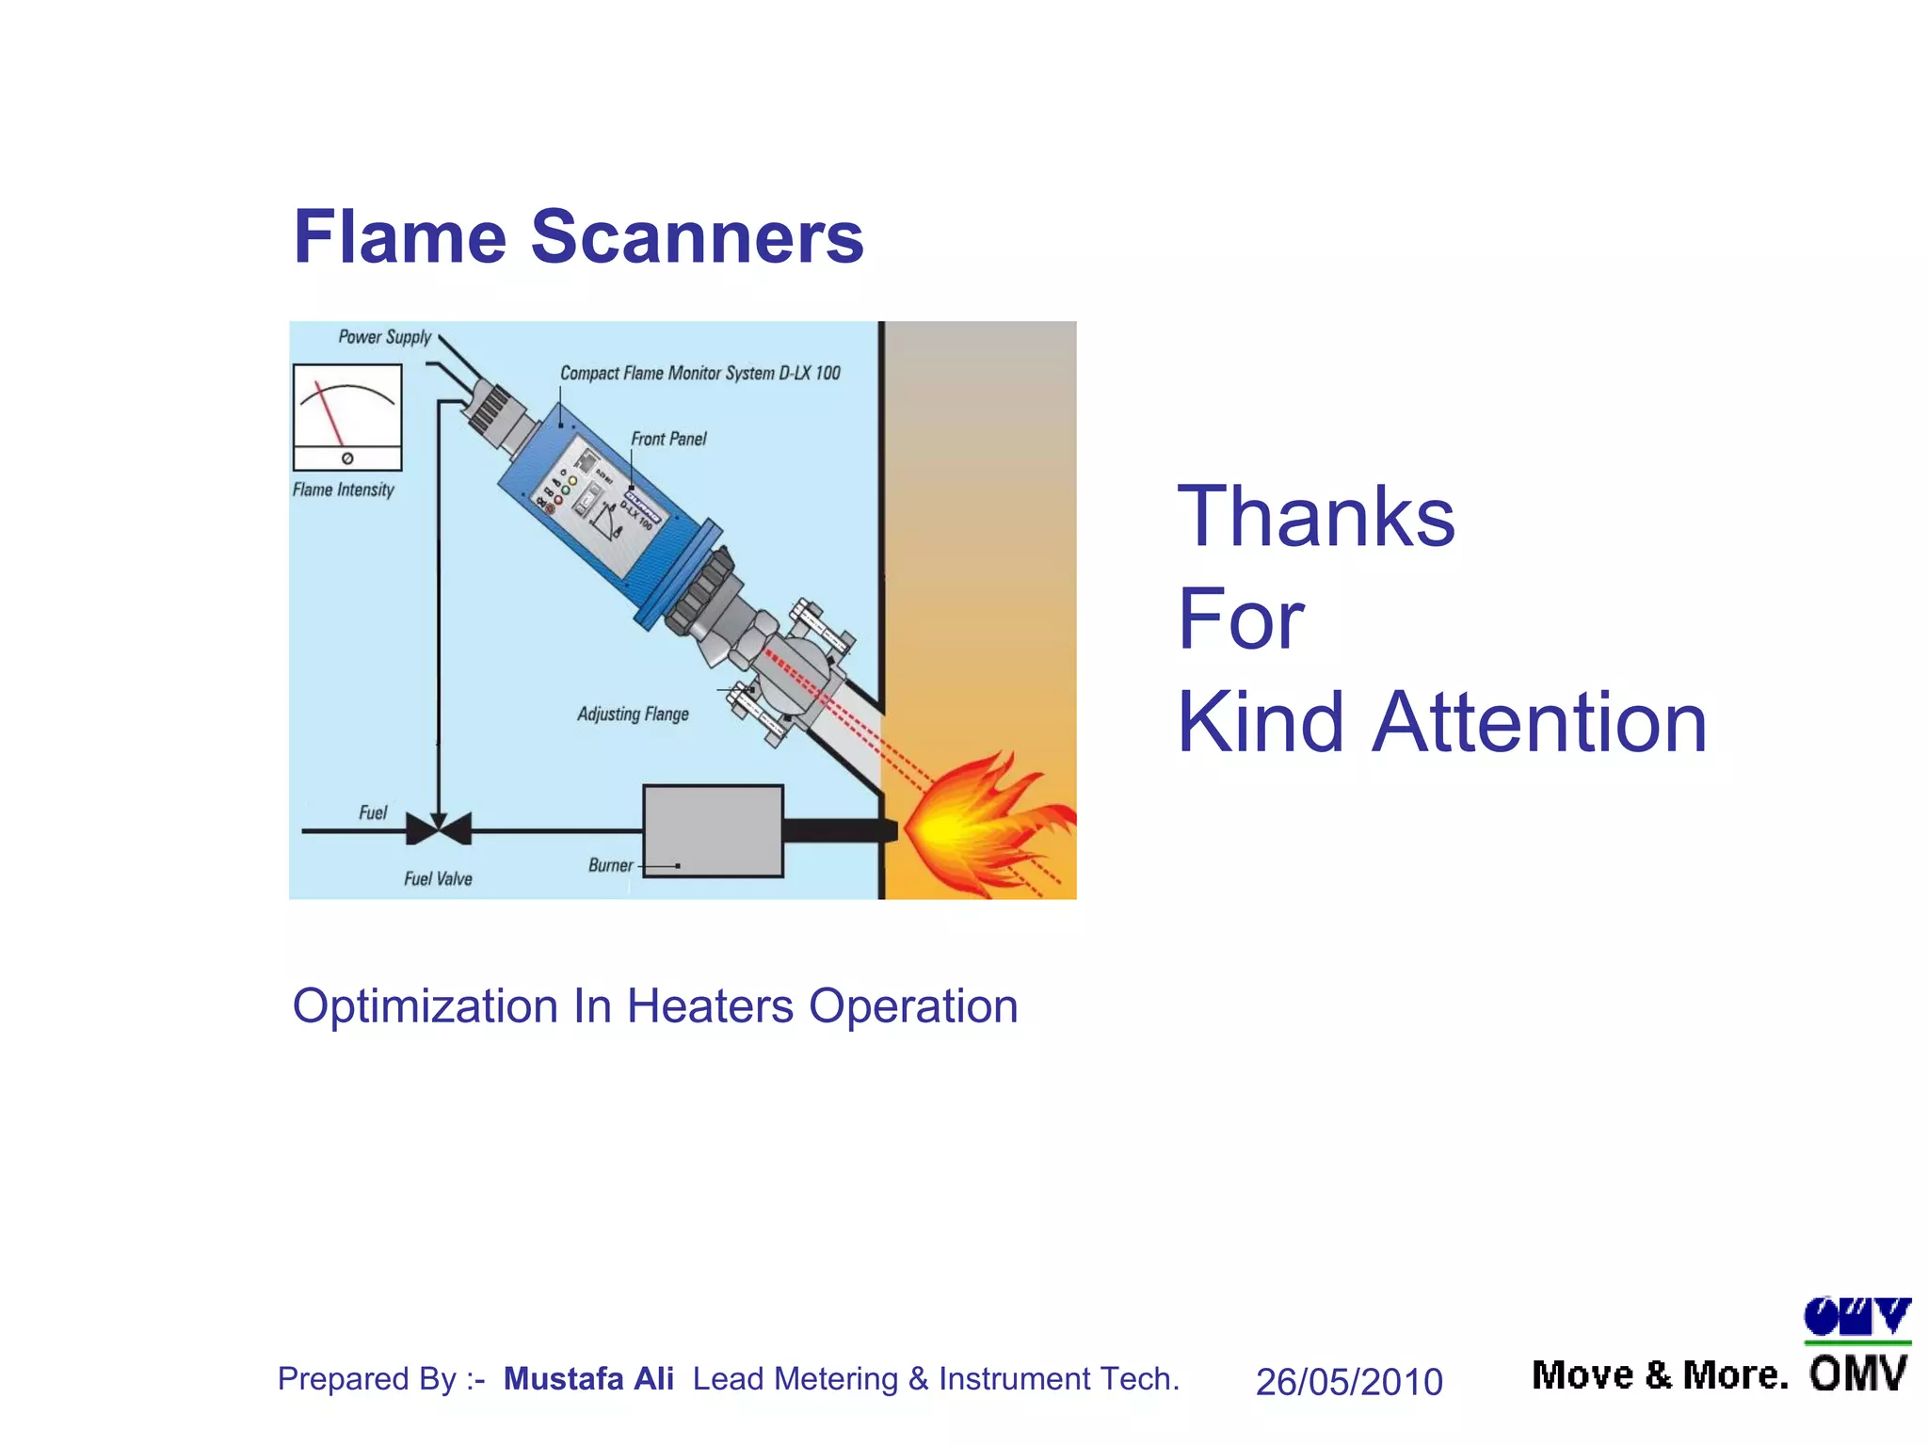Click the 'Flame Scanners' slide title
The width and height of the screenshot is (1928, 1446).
click(x=578, y=237)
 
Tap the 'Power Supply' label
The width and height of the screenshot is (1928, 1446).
click(x=384, y=337)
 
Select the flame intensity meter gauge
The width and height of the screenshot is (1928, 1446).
click(x=347, y=416)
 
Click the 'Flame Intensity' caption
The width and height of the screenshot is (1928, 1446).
click(x=343, y=490)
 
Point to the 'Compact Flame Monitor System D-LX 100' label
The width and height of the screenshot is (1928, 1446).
click(x=699, y=374)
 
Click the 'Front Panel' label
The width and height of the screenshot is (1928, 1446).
click(x=668, y=439)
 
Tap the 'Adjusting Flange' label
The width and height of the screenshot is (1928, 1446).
click(x=633, y=715)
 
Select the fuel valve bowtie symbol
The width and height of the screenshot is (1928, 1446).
click(x=439, y=829)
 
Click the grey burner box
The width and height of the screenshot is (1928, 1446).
click(x=713, y=831)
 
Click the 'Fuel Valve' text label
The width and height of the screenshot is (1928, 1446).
click(x=438, y=879)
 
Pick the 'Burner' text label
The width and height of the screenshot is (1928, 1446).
click(x=610, y=865)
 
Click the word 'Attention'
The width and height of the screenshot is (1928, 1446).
click(x=1538, y=723)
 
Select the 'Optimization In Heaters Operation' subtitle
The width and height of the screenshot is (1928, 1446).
click(x=655, y=1006)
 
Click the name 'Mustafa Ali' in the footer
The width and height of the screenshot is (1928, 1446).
click(x=588, y=1379)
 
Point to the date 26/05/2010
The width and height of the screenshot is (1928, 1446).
click(x=1348, y=1382)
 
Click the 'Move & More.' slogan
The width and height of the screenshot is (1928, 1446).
click(x=1660, y=1376)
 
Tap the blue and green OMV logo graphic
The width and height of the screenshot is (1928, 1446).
click(x=1856, y=1319)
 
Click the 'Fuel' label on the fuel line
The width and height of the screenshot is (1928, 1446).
click(x=373, y=812)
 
